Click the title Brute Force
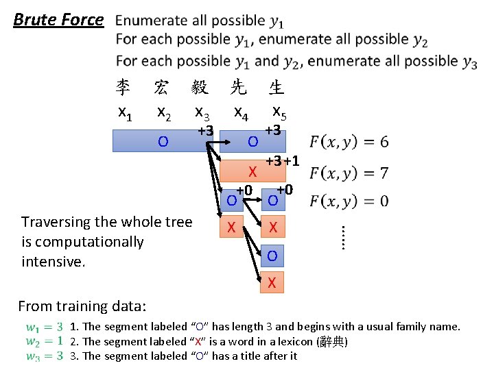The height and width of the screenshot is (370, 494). (58, 19)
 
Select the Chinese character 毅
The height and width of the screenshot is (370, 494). (200, 87)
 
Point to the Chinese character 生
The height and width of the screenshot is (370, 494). (277, 87)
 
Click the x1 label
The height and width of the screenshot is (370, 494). (125, 111)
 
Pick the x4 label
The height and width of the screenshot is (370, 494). (241, 111)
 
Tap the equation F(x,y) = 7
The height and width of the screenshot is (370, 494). (349, 171)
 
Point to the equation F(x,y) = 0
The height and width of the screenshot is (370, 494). (349, 201)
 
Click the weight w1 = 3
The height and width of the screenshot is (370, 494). (45, 327)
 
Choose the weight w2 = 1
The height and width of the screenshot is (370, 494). (45, 341)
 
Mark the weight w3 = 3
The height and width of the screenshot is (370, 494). (45, 356)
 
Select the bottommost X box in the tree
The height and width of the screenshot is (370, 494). (272, 282)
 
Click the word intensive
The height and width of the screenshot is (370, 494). (53, 261)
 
